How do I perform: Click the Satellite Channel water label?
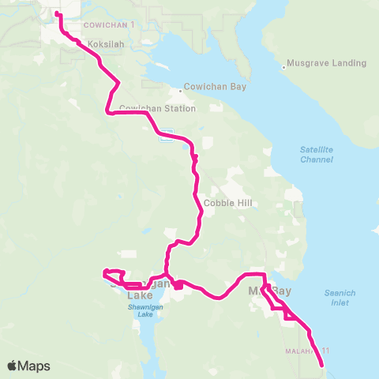click(x=317, y=154)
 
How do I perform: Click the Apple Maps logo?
click(x=28, y=366)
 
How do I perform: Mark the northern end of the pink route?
click(x=57, y=13)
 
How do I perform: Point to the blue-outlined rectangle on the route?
click(x=167, y=136)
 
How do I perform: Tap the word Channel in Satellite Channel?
click(x=317, y=159)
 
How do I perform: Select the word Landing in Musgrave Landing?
click(x=348, y=63)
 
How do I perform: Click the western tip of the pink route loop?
click(x=103, y=274)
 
